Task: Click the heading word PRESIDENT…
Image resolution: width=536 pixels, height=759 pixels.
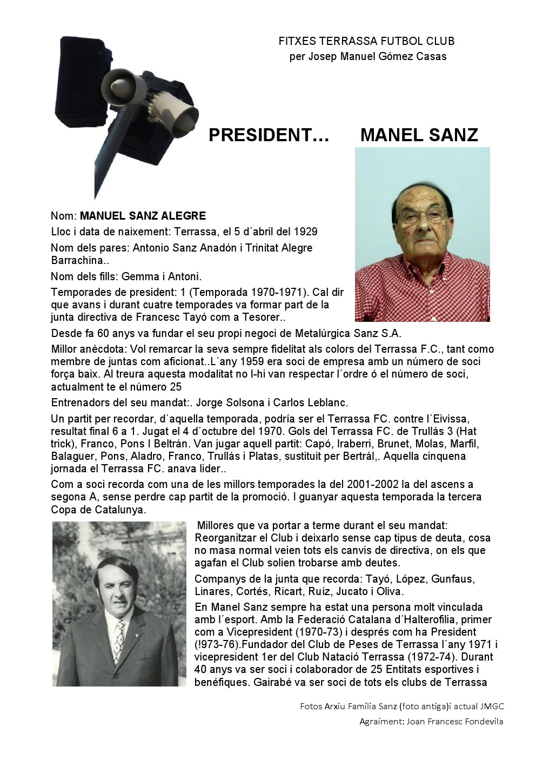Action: (269, 135)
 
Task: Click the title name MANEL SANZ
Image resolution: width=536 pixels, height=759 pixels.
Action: (419, 135)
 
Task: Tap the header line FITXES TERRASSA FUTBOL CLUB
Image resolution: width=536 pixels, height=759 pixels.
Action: (366, 41)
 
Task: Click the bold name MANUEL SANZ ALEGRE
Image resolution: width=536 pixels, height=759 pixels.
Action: (143, 216)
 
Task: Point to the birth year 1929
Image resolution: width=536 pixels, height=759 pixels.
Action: (306, 232)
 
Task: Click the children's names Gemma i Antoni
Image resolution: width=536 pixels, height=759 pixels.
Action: (162, 276)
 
